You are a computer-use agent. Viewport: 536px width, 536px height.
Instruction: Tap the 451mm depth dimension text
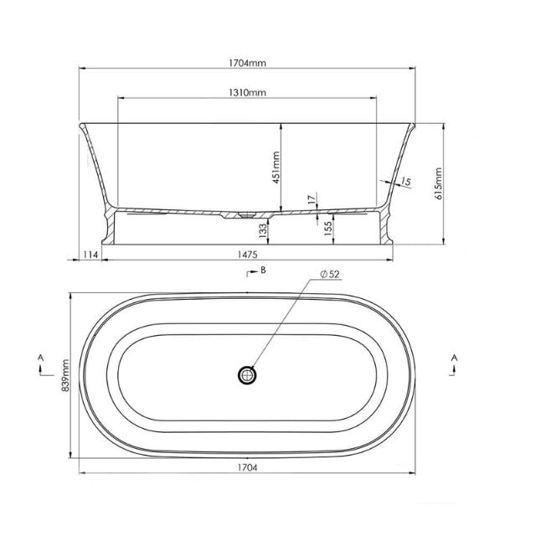(x=275, y=166)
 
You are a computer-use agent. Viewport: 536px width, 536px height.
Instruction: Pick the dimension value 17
(x=312, y=198)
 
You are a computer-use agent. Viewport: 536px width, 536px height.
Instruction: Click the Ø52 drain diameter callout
(x=330, y=275)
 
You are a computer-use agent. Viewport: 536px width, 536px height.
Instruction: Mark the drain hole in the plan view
(x=247, y=375)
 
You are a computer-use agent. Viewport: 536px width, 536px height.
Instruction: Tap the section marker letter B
(x=262, y=270)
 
